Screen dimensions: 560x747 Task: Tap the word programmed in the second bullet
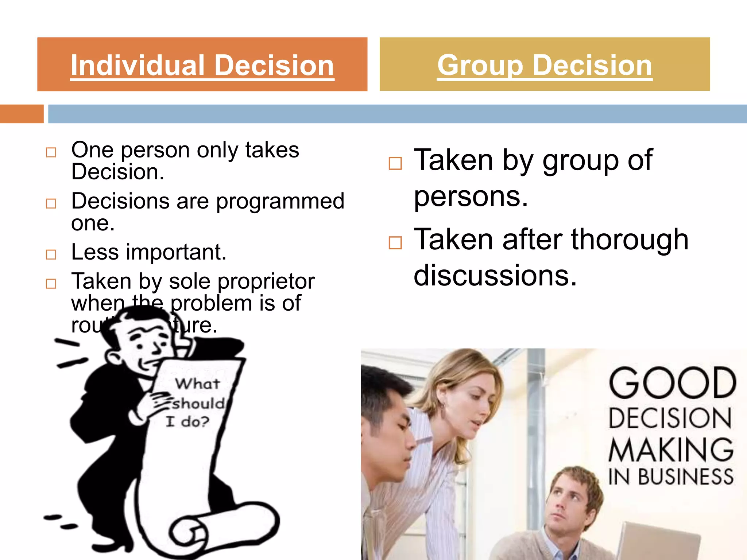tap(280, 202)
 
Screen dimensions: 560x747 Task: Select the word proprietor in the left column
tap(266, 281)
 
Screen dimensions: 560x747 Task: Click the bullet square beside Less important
tap(51, 254)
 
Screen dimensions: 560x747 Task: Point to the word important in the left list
tap(176, 252)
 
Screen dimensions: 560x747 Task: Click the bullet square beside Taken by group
tap(395, 163)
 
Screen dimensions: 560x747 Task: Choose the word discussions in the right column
tap(495, 275)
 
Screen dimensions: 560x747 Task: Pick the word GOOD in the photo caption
tap(672, 383)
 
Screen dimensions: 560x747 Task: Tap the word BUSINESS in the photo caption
tap(686, 477)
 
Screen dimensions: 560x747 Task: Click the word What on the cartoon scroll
tap(197, 384)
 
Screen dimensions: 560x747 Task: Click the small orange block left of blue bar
tap(22, 114)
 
